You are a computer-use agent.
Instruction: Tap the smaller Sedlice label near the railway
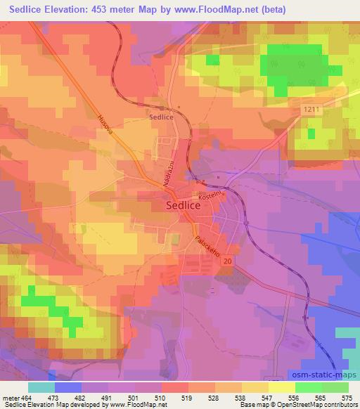point(161,118)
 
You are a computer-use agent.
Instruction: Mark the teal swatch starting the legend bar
point(41,387)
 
